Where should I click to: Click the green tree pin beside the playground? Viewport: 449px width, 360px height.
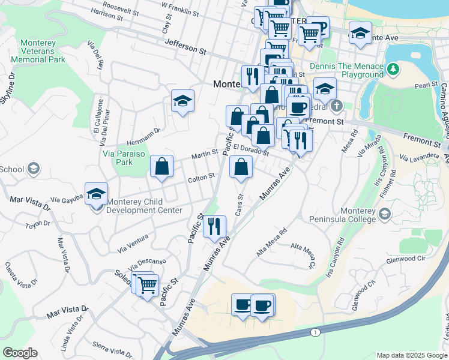coord(393,70)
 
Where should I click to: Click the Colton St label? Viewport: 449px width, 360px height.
coord(201,176)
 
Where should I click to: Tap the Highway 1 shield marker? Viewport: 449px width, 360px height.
coord(314,332)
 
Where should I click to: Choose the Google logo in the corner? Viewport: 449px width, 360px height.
coord(20,353)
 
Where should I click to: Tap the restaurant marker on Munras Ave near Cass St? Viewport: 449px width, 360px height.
coord(214,226)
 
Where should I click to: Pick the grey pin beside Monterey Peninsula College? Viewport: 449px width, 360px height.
coord(384,214)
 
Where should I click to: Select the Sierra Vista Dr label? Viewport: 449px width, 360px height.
coord(112,349)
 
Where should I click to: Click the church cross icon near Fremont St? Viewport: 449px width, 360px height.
coord(337,107)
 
